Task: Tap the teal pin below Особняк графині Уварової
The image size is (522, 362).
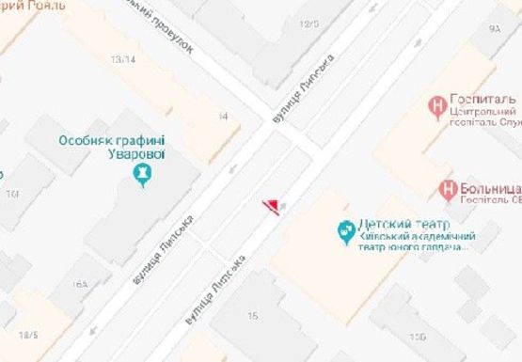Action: tap(142, 174)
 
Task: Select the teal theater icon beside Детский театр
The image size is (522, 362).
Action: tap(346, 229)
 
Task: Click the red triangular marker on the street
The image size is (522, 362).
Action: tap(271, 206)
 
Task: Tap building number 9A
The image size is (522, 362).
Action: tap(495, 29)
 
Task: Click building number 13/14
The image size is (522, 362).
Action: tap(121, 59)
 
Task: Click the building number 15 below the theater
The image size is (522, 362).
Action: tap(252, 317)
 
